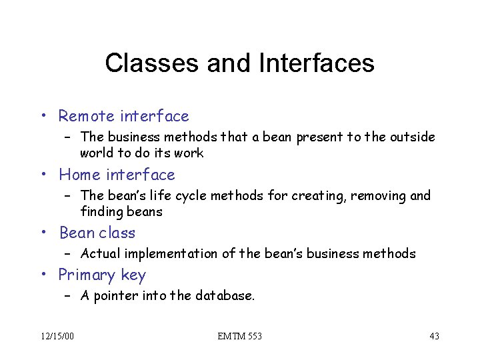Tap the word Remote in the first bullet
86,117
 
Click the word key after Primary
133,275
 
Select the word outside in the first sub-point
413,137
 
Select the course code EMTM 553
239,336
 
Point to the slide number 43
434,336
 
